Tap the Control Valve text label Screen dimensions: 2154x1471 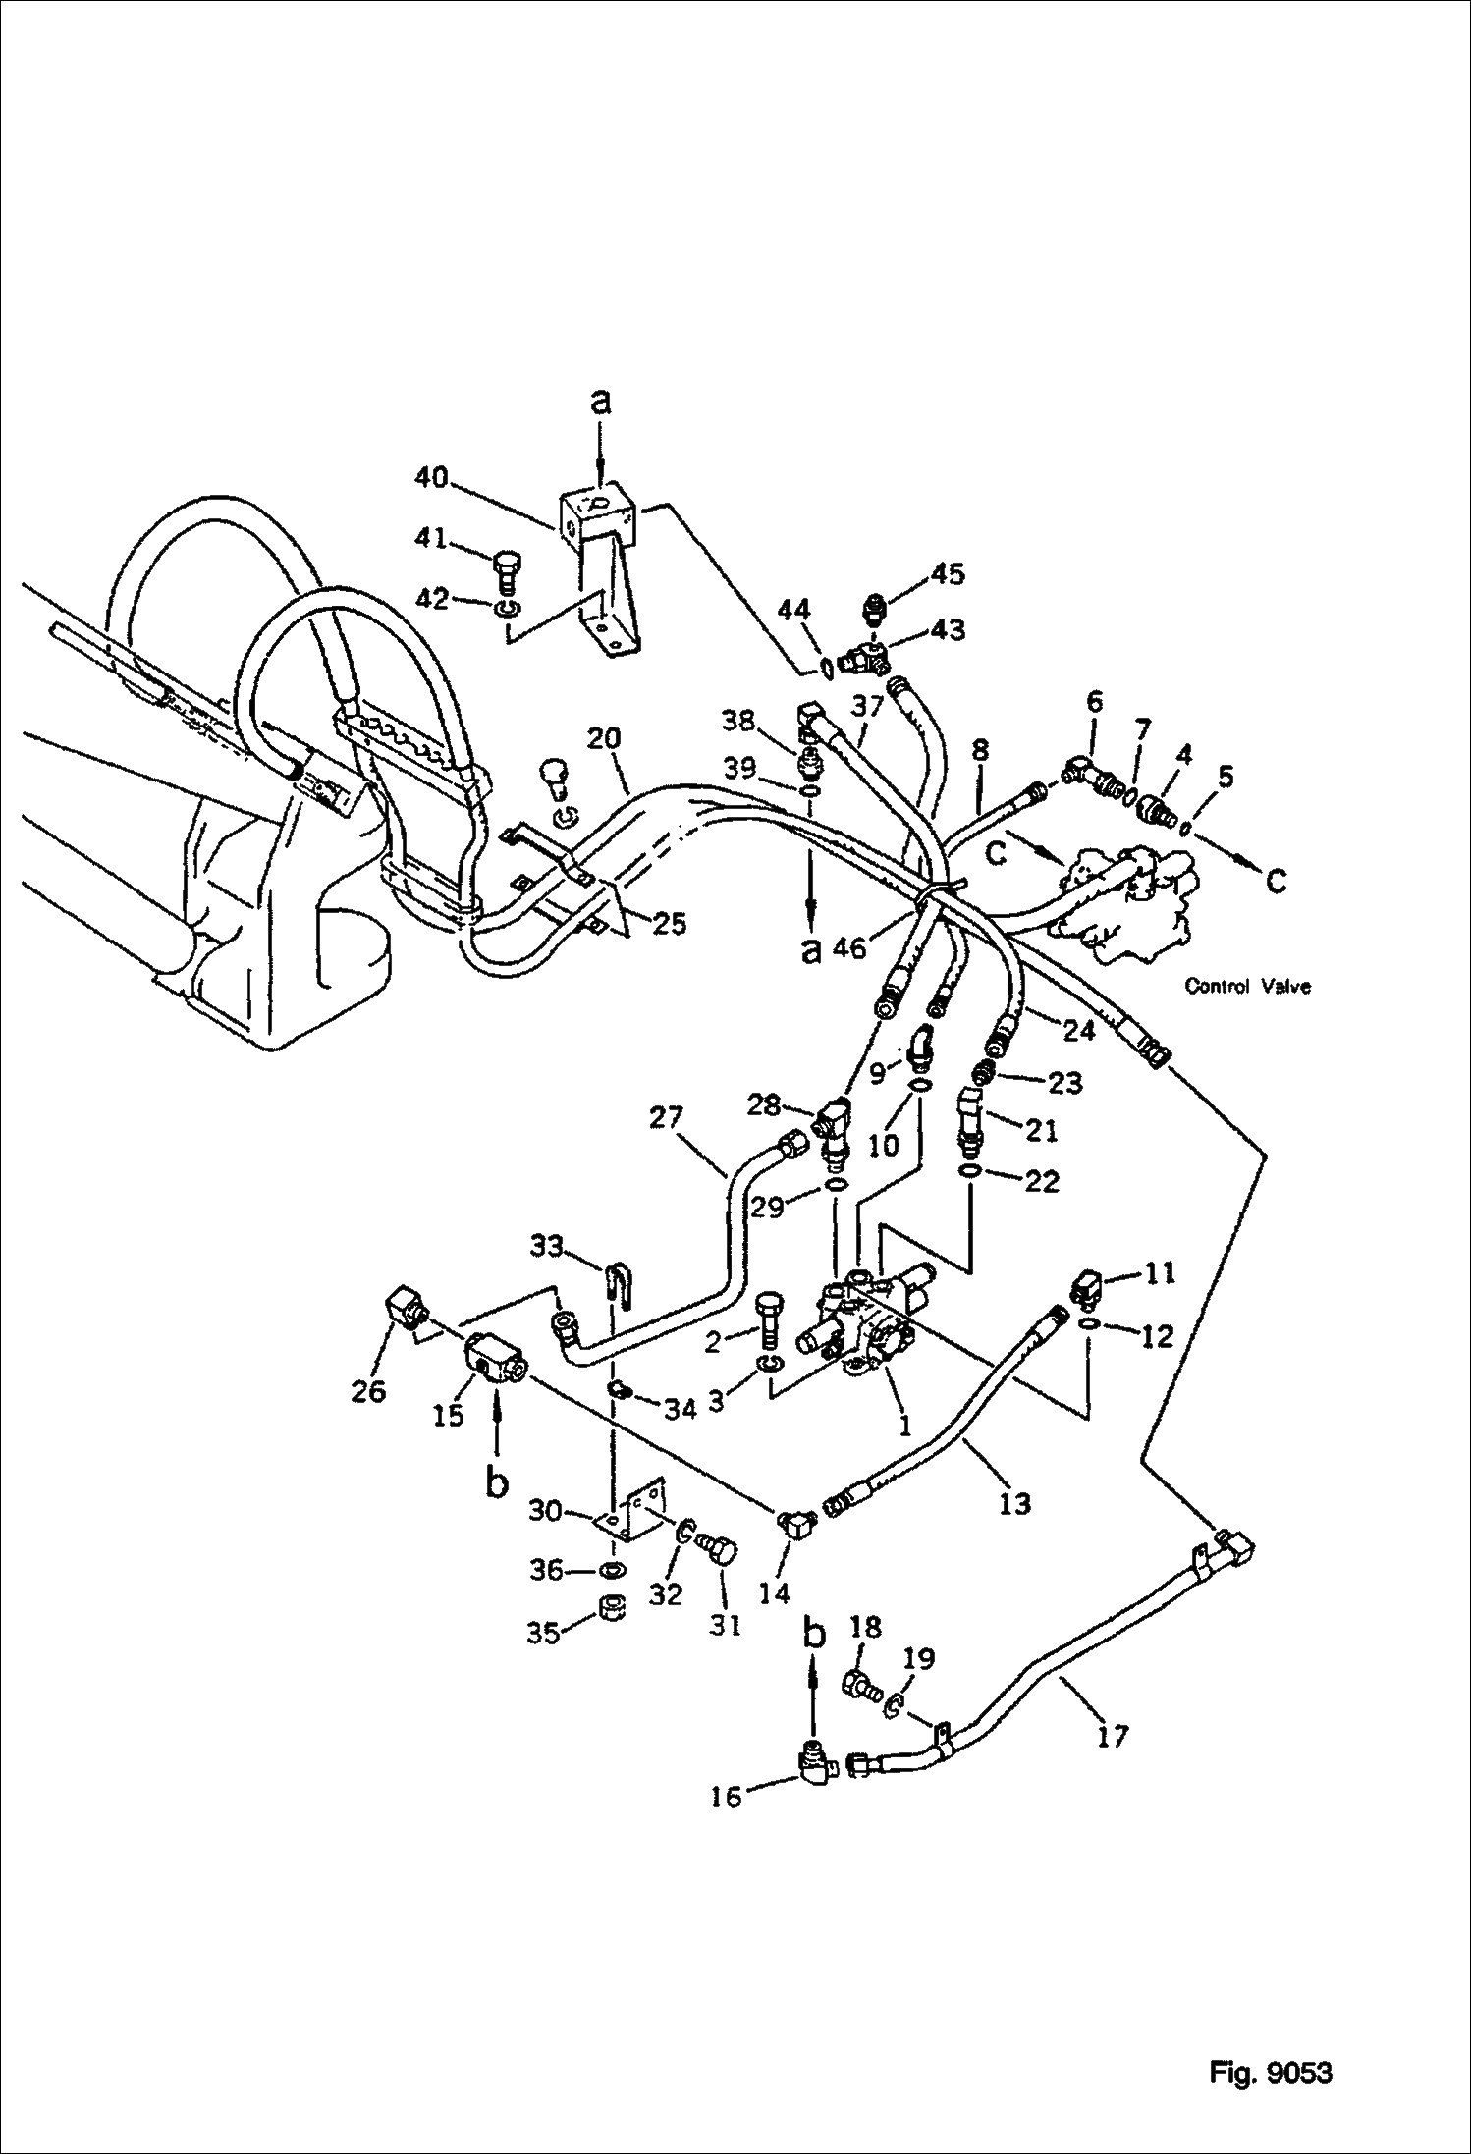pyautogui.click(x=1247, y=986)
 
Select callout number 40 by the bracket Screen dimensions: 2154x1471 pyautogui.click(x=430, y=479)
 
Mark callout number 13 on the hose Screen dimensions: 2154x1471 pyautogui.click(x=1014, y=1502)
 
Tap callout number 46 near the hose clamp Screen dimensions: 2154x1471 pyautogui.click(x=850, y=948)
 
